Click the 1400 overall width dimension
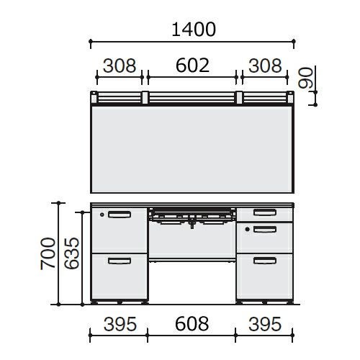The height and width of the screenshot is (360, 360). [194, 30]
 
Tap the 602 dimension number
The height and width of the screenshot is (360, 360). [192, 66]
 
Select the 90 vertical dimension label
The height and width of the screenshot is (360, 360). [305, 78]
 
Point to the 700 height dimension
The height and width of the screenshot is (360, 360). [48, 253]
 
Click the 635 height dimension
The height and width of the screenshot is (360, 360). [71, 253]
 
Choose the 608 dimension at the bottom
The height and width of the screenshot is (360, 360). [192, 324]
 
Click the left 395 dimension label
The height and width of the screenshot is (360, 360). [120, 324]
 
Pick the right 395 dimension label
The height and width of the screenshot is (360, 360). [265, 324]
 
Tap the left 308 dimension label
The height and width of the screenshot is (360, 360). [120, 66]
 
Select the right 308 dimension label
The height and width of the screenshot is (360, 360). [265, 66]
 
